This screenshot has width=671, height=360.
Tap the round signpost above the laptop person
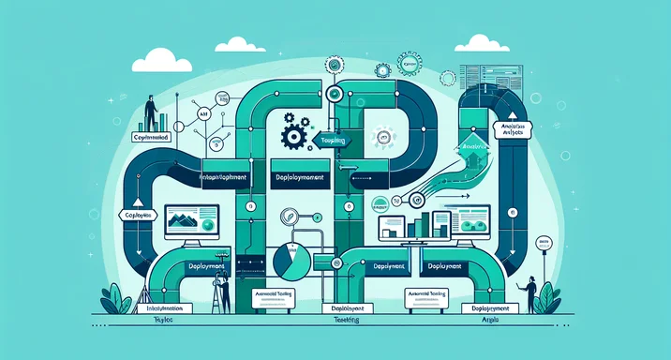pyautogui.click(x=544, y=246)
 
